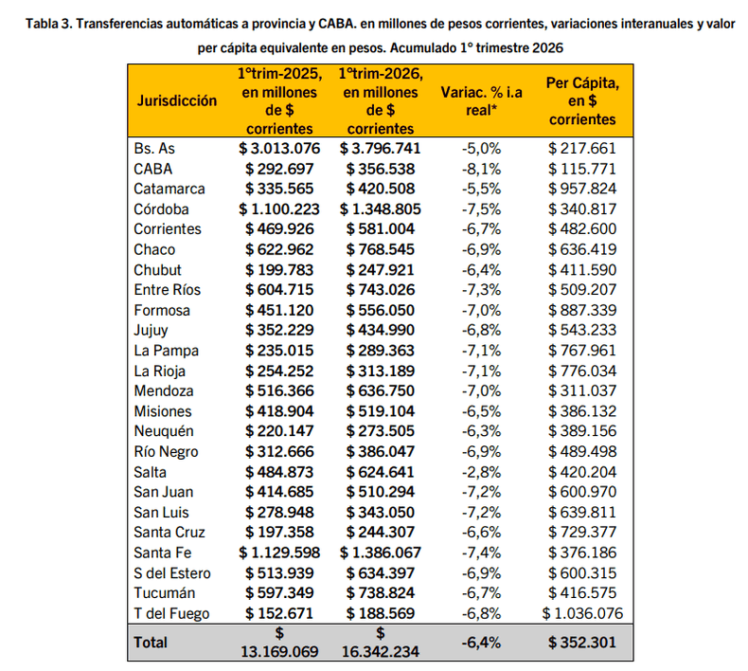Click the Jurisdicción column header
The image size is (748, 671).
[x=176, y=100]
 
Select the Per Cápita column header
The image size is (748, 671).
[x=582, y=100]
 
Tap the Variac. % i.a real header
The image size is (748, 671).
[x=481, y=100]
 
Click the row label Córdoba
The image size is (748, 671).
[x=162, y=209]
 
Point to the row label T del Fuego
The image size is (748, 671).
[x=171, y=613]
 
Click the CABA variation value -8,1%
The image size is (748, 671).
[x=481, y=168]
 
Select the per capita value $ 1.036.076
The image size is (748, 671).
[x=582, y=613]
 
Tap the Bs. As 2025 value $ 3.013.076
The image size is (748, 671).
[x=279, y=148]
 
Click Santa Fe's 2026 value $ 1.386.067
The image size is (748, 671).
[x=380, y=553]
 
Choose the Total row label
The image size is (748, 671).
[x=151, y=642]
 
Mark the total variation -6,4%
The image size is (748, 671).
[x=481, y=642]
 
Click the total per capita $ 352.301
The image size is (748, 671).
[x=582, y=642]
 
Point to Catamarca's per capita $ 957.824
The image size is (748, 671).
[x=582, y=189]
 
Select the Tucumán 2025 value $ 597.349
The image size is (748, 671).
[x=283, y=593]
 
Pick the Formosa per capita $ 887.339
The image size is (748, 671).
[x=582, y=310]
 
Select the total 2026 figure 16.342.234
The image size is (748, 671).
[x=381, y=652]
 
